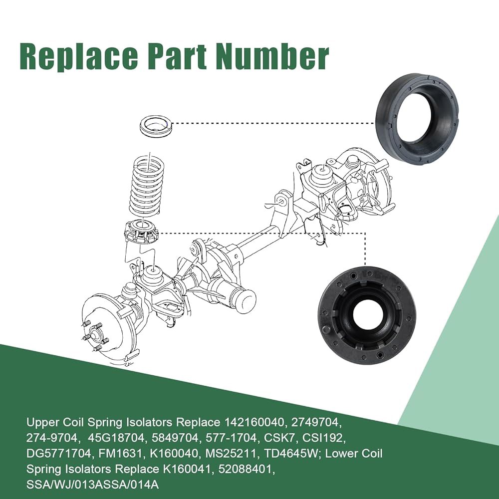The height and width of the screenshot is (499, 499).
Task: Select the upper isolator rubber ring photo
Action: [x=418, y=120]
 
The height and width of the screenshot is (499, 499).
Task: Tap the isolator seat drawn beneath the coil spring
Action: [x=141, y=233]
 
